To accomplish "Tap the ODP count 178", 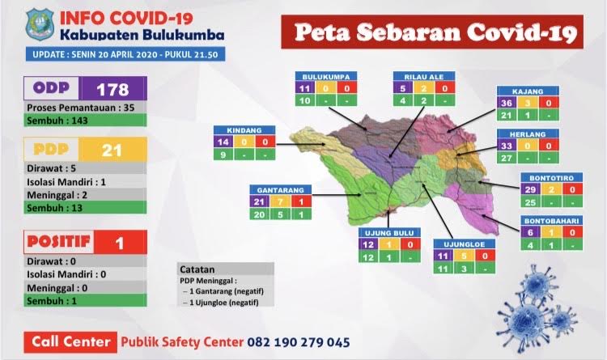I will (112, 88).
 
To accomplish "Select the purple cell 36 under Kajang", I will (507, 103).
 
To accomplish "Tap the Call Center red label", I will (70, 341).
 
